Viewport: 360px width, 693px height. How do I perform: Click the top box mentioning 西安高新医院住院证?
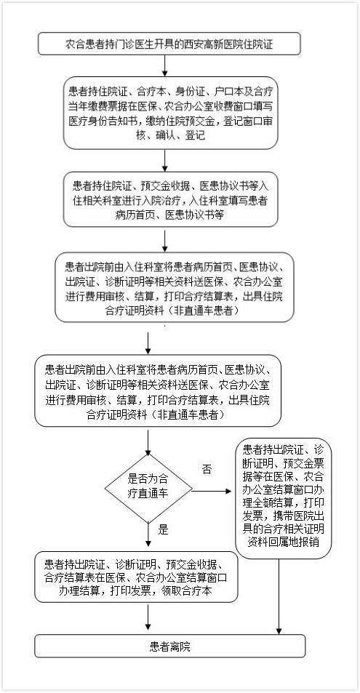[x=169, y=44]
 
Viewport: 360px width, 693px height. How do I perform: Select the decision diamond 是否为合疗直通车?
[x=148, y=489]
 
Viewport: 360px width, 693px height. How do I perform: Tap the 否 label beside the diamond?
[x=207, y=469]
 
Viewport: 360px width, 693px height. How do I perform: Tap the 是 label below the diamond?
[x=164, y=529]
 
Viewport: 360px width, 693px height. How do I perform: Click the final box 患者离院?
[x=170, y=646]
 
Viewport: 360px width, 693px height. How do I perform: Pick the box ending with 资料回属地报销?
[x=283, y=498]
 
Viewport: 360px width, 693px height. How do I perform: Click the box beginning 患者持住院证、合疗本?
[x=170, y=113]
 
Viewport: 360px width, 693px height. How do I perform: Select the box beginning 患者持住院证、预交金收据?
[x=170, y=199]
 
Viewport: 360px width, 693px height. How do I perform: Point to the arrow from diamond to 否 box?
[x=212, y=491]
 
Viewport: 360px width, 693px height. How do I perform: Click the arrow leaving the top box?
[x=164, y=66]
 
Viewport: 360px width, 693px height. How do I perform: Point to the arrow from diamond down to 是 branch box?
[x=148, y=537]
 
